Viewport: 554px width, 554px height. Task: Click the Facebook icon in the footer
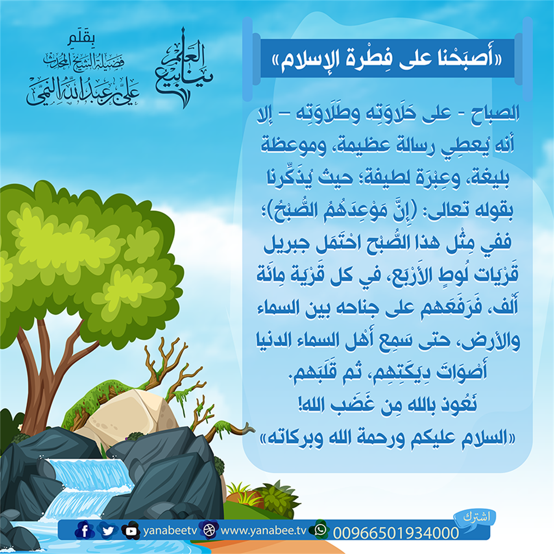click(84, 531)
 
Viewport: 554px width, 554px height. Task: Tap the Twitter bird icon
click(108, 531)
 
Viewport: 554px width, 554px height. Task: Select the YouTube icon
click(131, 531)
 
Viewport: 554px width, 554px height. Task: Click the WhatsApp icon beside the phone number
click(320, 529)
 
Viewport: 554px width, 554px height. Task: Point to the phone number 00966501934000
click(396, 532)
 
